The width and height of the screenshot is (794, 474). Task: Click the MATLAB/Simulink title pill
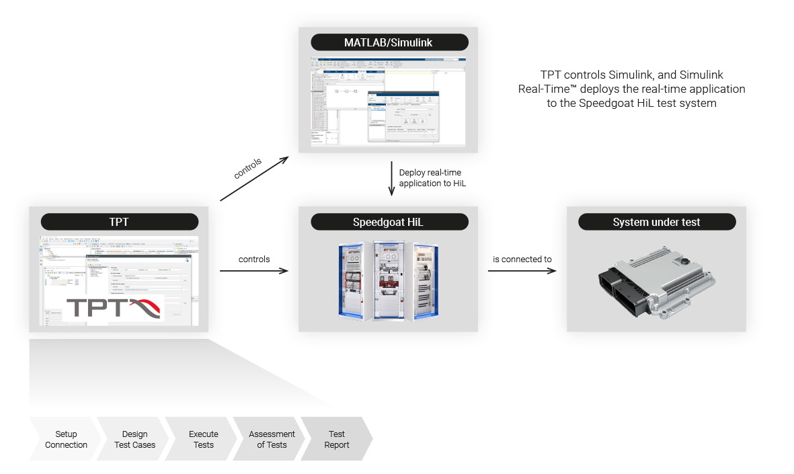[389, 42]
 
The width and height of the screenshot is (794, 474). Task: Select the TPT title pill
[120, 222]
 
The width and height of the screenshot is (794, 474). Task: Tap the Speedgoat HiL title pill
[389, 222]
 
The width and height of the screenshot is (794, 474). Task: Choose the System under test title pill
[656, 222]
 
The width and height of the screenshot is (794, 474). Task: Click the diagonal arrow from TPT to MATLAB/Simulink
[254, 179]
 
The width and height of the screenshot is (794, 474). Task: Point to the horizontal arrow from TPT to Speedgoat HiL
[254, 271]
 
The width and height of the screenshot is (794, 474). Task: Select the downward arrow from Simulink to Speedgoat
[391, 178]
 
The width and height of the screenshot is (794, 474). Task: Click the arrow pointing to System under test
[522, 271]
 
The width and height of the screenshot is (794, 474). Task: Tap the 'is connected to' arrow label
[522, 259]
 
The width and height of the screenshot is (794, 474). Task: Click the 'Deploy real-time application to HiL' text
[430, 177]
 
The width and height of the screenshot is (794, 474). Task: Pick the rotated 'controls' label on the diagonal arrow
[247, 168]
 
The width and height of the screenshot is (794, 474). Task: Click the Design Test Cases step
[134, 439]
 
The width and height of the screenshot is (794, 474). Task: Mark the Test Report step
[337, 439]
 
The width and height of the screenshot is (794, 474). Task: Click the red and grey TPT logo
[114, 309]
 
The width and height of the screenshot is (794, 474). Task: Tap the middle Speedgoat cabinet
[389, 279]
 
